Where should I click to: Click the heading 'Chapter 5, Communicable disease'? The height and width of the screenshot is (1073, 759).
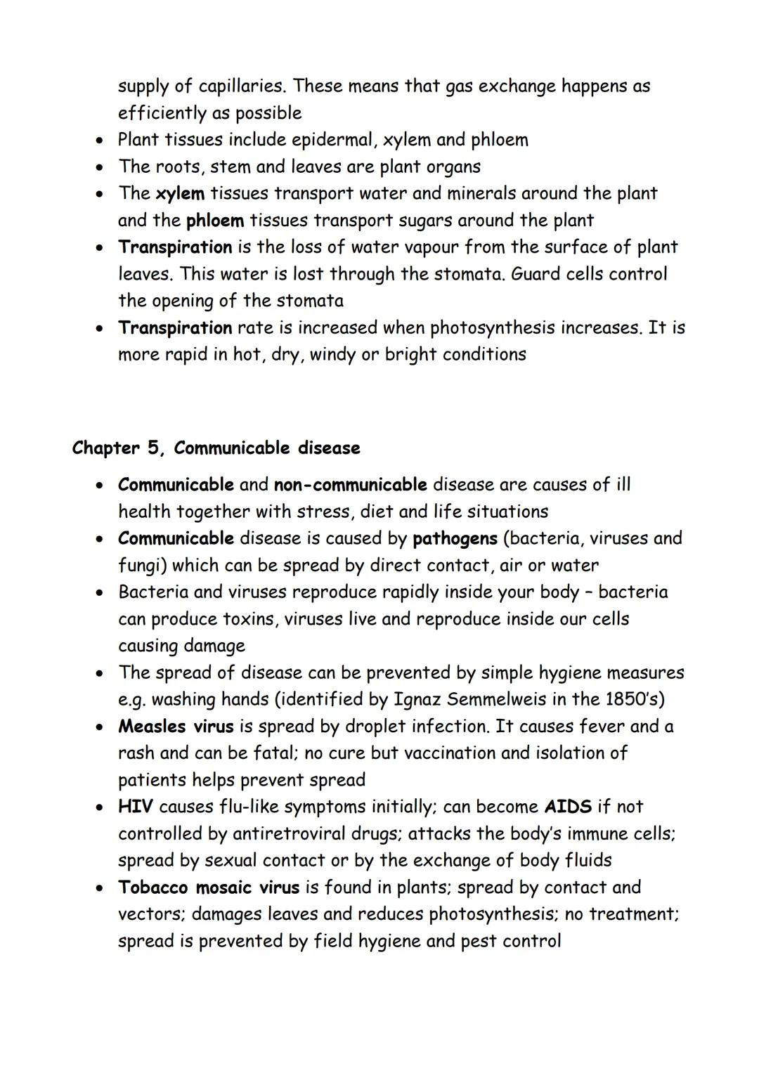[x=216, y=448]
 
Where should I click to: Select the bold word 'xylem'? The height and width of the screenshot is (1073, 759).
[x=180, y=193]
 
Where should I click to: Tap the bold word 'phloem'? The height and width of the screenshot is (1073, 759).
[x=215, y=221]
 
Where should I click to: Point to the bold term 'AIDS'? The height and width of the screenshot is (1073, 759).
[x=568, y=807]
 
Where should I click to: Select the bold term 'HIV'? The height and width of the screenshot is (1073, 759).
[x=135, y=807]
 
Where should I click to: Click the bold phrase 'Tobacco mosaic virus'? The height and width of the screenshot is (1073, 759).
[x=209, y=887]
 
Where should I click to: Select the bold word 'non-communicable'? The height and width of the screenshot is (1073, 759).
[x=350, y=485]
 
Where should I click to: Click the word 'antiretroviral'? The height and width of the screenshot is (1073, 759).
[x=289, y=834]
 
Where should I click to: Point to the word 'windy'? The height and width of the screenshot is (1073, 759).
[x=332, y=355]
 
